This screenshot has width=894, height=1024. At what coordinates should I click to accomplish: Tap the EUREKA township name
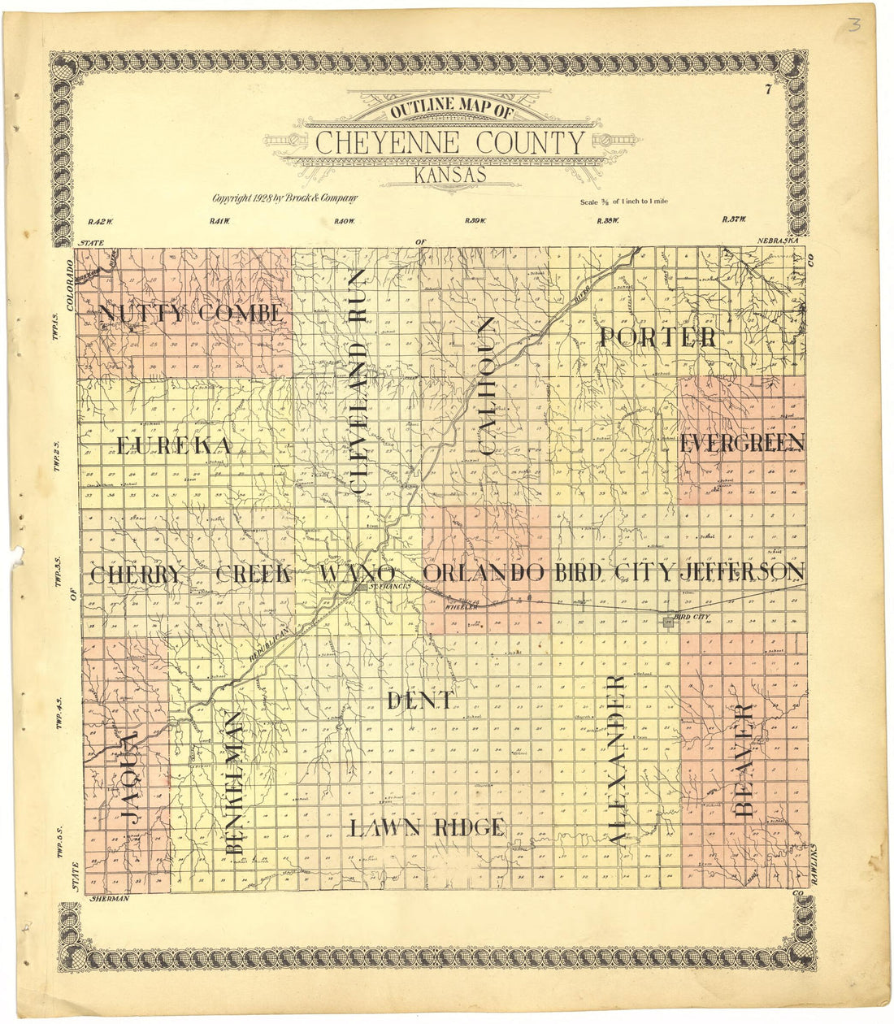click(175, 445)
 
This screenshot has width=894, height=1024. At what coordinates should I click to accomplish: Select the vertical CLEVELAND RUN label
click(358, 382)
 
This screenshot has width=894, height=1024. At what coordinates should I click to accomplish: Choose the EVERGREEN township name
click(741, 444)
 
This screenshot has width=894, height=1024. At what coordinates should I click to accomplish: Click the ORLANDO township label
click(484, 573)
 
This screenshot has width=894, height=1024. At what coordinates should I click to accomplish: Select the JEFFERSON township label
click(742, 572)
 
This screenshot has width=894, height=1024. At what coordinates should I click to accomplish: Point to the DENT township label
click(419, 700)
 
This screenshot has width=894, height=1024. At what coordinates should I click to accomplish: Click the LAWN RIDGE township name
click(427, 827)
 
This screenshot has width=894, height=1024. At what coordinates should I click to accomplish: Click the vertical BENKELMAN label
click(234, 782)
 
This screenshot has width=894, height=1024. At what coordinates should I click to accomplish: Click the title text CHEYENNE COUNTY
click(449, 144)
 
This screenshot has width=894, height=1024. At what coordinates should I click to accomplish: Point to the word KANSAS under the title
click(449, 174)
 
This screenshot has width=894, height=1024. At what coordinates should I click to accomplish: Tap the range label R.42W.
click(98, 220)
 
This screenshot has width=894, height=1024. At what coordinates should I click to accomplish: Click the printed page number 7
click(767, 91)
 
